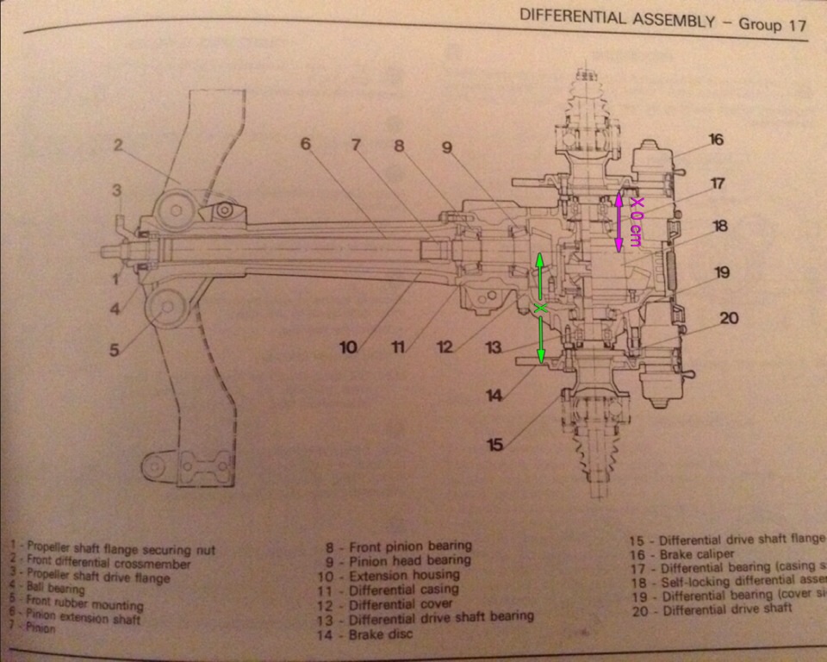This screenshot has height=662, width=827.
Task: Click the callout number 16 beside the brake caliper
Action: click(715, 140)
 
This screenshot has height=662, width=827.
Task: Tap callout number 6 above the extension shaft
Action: click(306, 144)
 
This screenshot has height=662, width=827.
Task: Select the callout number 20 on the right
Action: click(729, 317)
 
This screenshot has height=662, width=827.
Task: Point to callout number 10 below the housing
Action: click(348, 347)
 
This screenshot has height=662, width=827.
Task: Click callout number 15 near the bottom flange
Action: click(494, 445)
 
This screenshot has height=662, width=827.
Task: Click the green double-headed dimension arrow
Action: click(540, 308)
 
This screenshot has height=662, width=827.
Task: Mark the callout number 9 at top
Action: click(447, 147)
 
